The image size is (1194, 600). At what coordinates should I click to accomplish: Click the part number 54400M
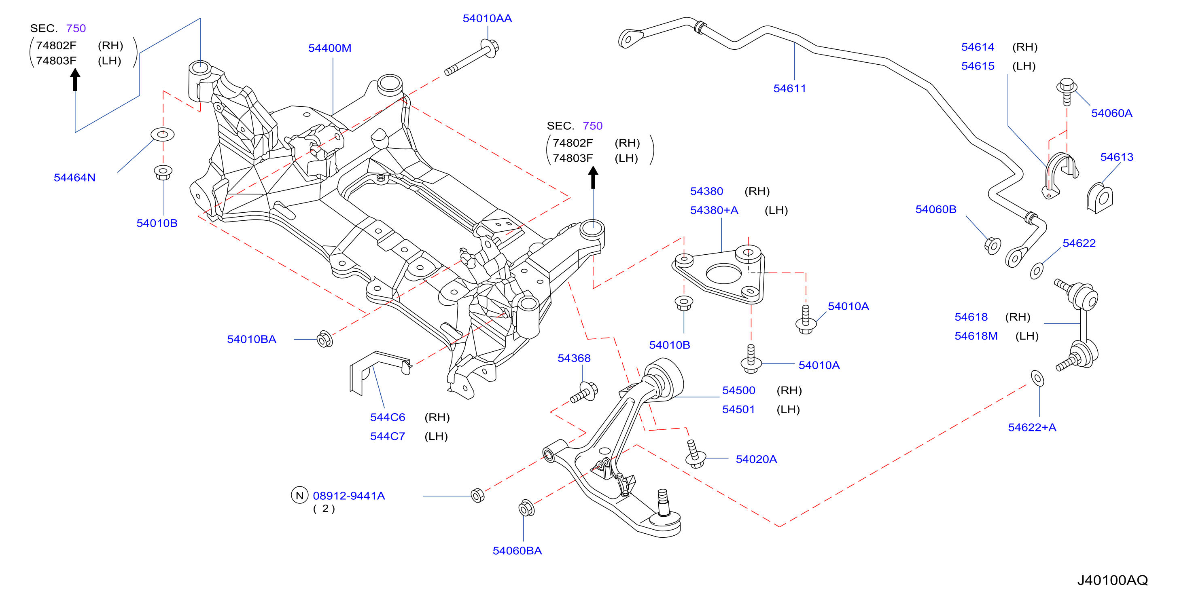pos(330,48)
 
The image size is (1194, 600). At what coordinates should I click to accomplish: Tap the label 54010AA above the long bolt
pos(487,19)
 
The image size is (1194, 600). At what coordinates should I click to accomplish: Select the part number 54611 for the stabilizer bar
pos(789,89)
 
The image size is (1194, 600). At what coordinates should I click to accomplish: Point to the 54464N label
pos(74,177)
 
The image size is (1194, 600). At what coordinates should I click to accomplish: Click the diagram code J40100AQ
pos(1112,580)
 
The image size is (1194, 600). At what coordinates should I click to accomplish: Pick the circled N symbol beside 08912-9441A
pos(299,495)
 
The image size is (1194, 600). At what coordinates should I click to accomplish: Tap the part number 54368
pos(574,358)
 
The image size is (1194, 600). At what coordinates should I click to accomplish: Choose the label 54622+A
pos(1032,427)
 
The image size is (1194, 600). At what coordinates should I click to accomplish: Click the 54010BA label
pos(252,339)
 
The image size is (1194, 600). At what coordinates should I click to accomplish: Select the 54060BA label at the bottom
pos(517,550)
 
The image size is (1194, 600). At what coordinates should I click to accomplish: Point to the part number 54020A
pos(757,459)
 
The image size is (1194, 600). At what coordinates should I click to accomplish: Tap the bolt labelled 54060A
pos(1067,91)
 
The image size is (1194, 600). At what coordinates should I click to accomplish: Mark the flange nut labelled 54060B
pos(993,245)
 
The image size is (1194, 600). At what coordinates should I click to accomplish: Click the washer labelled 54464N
pos(163,134)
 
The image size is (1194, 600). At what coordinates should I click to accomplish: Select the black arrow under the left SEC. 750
pos(75,79)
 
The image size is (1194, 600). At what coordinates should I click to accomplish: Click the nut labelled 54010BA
pos(325,339)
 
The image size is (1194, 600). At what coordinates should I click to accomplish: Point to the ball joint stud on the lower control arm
pos(663,501)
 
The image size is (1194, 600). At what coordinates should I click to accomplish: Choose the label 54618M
pos(976,336)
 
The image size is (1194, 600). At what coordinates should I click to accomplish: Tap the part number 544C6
pos(388,417)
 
